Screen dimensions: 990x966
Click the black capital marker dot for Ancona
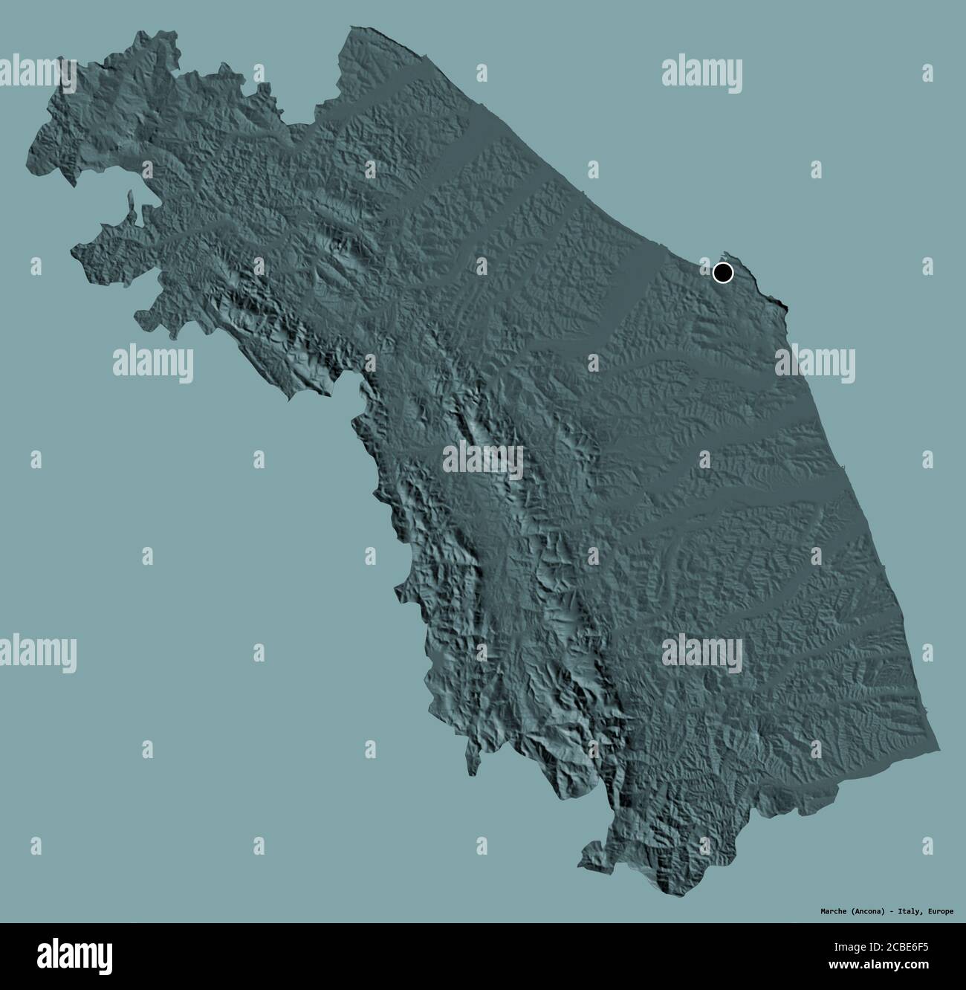click(722, 273)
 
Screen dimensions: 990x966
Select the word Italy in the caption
click(909, 910)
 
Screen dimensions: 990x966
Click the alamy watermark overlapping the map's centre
click(483, 462)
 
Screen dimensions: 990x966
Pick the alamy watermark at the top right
click(701, 74)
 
